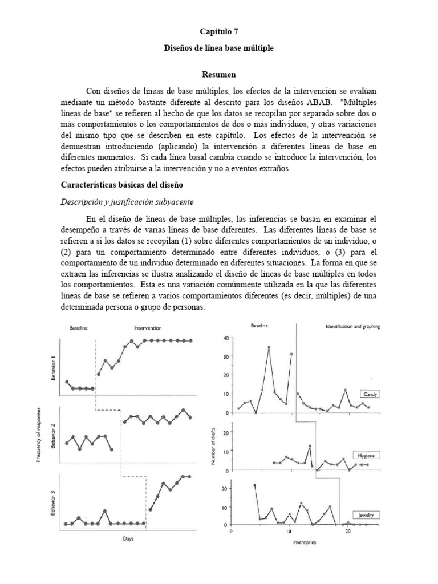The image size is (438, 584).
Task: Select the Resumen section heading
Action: coord(219,75)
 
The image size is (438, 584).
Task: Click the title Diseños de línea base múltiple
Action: coord(219,48)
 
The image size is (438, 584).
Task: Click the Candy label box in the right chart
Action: coord(370,394)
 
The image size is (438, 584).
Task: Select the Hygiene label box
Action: coord(368,456)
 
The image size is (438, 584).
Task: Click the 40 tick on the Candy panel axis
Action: coord(226,339)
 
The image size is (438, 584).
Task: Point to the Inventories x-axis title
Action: coord(301,542)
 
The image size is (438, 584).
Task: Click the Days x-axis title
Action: coord(128,538)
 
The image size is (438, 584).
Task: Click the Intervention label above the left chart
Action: coord(148,328)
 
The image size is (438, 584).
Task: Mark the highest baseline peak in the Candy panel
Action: coord(269,347)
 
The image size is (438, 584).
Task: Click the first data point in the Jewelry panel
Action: coord(254,485)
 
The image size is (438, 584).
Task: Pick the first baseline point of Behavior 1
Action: coord(67,382)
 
